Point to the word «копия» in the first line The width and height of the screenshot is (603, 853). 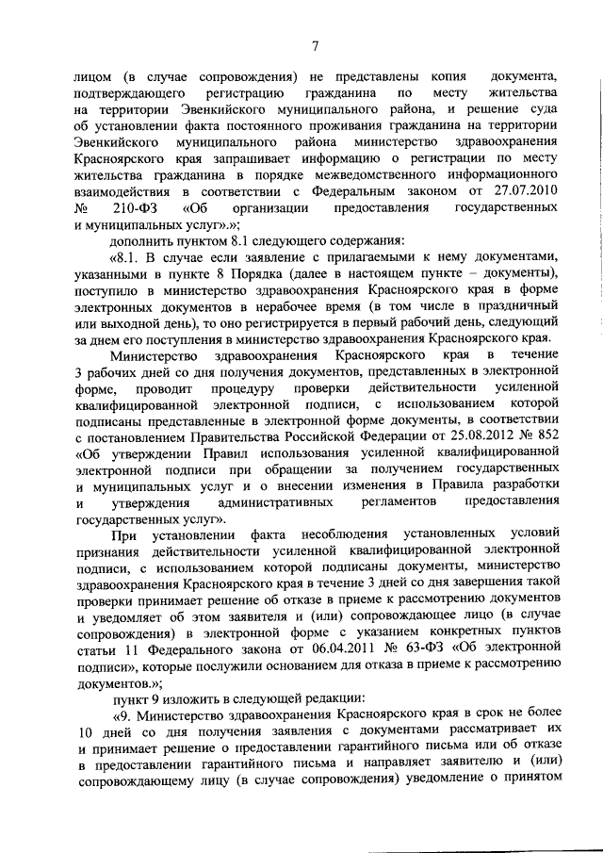(x=424, y=73)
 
